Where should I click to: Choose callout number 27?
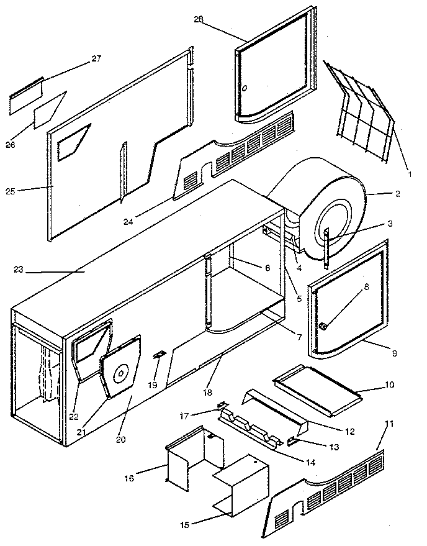click(96, 59)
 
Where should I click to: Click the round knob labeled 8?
click(324, 327)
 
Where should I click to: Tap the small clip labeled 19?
click(159, 355)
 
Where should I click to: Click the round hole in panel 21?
click(122, 373)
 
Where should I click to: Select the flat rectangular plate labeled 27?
click(25, 96)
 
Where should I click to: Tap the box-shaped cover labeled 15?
click(242, 485)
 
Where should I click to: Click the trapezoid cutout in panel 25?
click(74, 142)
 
